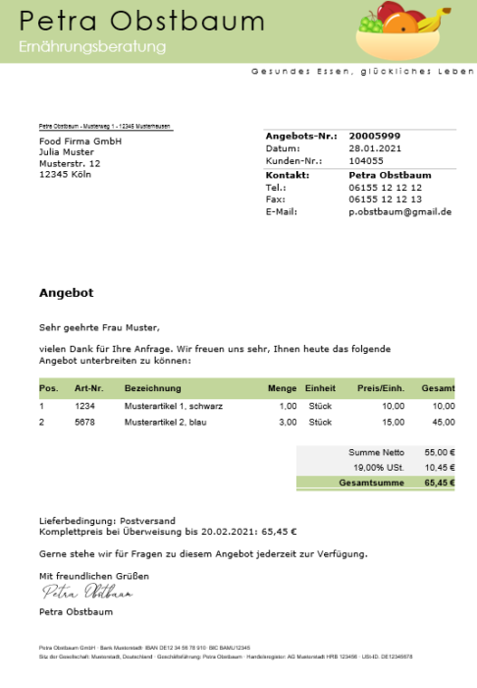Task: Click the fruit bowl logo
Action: pyautogui.click(x=402, y=31)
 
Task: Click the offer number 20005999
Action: pyautogui.click(x=375, y=136)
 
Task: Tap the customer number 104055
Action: pyautogui.click(x=366, y=159)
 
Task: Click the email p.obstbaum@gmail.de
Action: pyautogui.click(x=399, y=211)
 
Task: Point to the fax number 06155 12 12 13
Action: pyautogui.click(x=385, y=199)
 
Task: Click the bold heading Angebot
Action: pyautogui.click(x=66, y=293)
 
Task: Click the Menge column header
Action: pyautogui.click(x=283, y=389)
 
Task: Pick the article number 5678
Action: pyautogui.click(x=84, y=422)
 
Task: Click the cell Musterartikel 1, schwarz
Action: pyautogui.click(x=174, y=406)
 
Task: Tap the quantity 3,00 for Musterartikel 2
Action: pyautogui.click(x=288, y=422)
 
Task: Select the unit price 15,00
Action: pyautogui.click(x=393, y=422)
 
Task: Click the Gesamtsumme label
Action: pyautogui.click(x=365, y=484)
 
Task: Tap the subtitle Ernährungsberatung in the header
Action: pyautogui.click(x=92, y=46)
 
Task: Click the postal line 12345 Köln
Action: pyautogui.click(x=65, y=174)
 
